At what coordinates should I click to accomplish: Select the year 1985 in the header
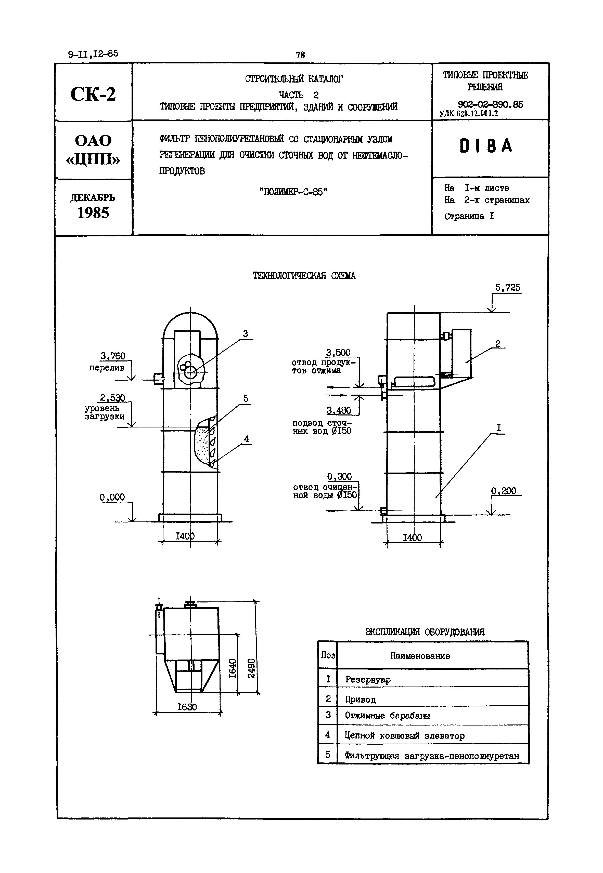point(93,213)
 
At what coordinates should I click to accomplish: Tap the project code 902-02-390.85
point(490,104)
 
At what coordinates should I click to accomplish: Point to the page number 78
point(300,55)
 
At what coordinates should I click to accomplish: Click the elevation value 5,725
point(507,288)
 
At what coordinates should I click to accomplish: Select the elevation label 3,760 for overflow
point(113,356)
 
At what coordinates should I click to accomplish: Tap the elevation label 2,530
point(112,398)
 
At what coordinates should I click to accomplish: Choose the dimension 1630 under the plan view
point(187,707)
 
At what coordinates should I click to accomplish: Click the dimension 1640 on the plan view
point(233,668)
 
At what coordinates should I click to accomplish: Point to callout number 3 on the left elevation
point(246,334)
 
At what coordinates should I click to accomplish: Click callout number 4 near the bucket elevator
point(246,439)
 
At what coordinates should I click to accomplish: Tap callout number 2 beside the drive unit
point(498,343)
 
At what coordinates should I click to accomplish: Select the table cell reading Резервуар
point(368,679)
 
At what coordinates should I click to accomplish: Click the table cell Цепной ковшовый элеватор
point(404,736)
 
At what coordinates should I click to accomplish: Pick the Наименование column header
point(420,656)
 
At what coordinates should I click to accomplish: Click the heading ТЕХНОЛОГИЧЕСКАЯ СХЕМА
point(304,276)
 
